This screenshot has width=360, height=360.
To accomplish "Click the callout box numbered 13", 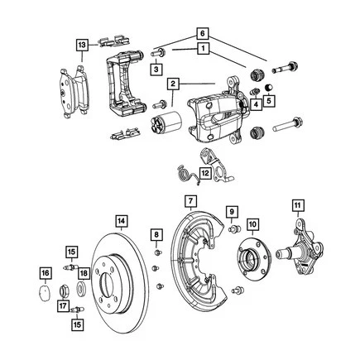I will point(80,44).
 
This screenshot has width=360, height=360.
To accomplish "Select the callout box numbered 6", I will point(199,31).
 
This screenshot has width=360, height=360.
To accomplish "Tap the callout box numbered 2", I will point(173,84).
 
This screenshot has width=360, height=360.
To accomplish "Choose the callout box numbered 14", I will point(121,221).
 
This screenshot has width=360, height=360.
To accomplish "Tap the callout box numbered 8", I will point(156,238).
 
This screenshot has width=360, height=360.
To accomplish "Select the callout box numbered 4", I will point(256,104).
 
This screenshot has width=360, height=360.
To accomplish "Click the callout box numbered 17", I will point(62,307).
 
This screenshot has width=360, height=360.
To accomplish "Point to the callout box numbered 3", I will point(155,72).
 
